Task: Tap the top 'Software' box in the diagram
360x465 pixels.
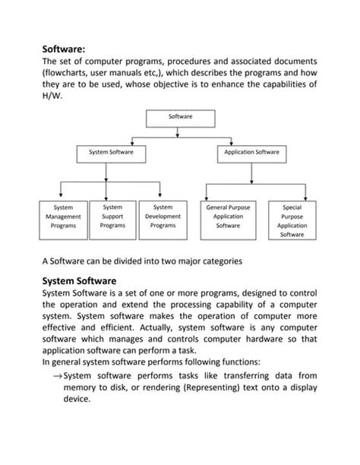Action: pos(180,117)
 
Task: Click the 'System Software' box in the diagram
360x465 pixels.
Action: pos(111,153)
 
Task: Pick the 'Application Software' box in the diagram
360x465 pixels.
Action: pos(251,153)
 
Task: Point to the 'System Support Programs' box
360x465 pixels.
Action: pos(112,216)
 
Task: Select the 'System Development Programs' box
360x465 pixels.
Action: pos(163,216)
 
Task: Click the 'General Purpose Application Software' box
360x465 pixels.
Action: pos(228,216)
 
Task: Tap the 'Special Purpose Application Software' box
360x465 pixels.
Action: pos(292,220)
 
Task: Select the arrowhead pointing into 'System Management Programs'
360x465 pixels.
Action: pos(63,197)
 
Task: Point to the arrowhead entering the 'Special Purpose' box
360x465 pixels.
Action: pos(292,197)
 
